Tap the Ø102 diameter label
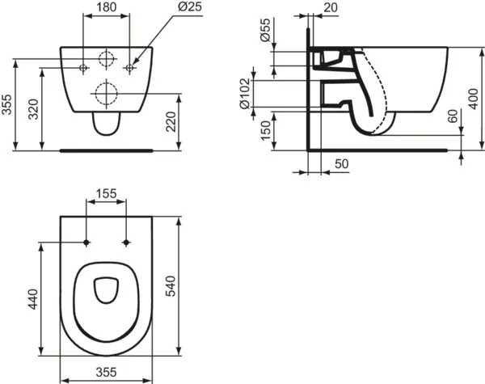(249, 92)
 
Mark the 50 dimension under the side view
(341, 165)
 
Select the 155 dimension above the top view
(107, 195)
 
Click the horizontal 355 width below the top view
(107, 372)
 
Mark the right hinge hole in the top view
(128, 242)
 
